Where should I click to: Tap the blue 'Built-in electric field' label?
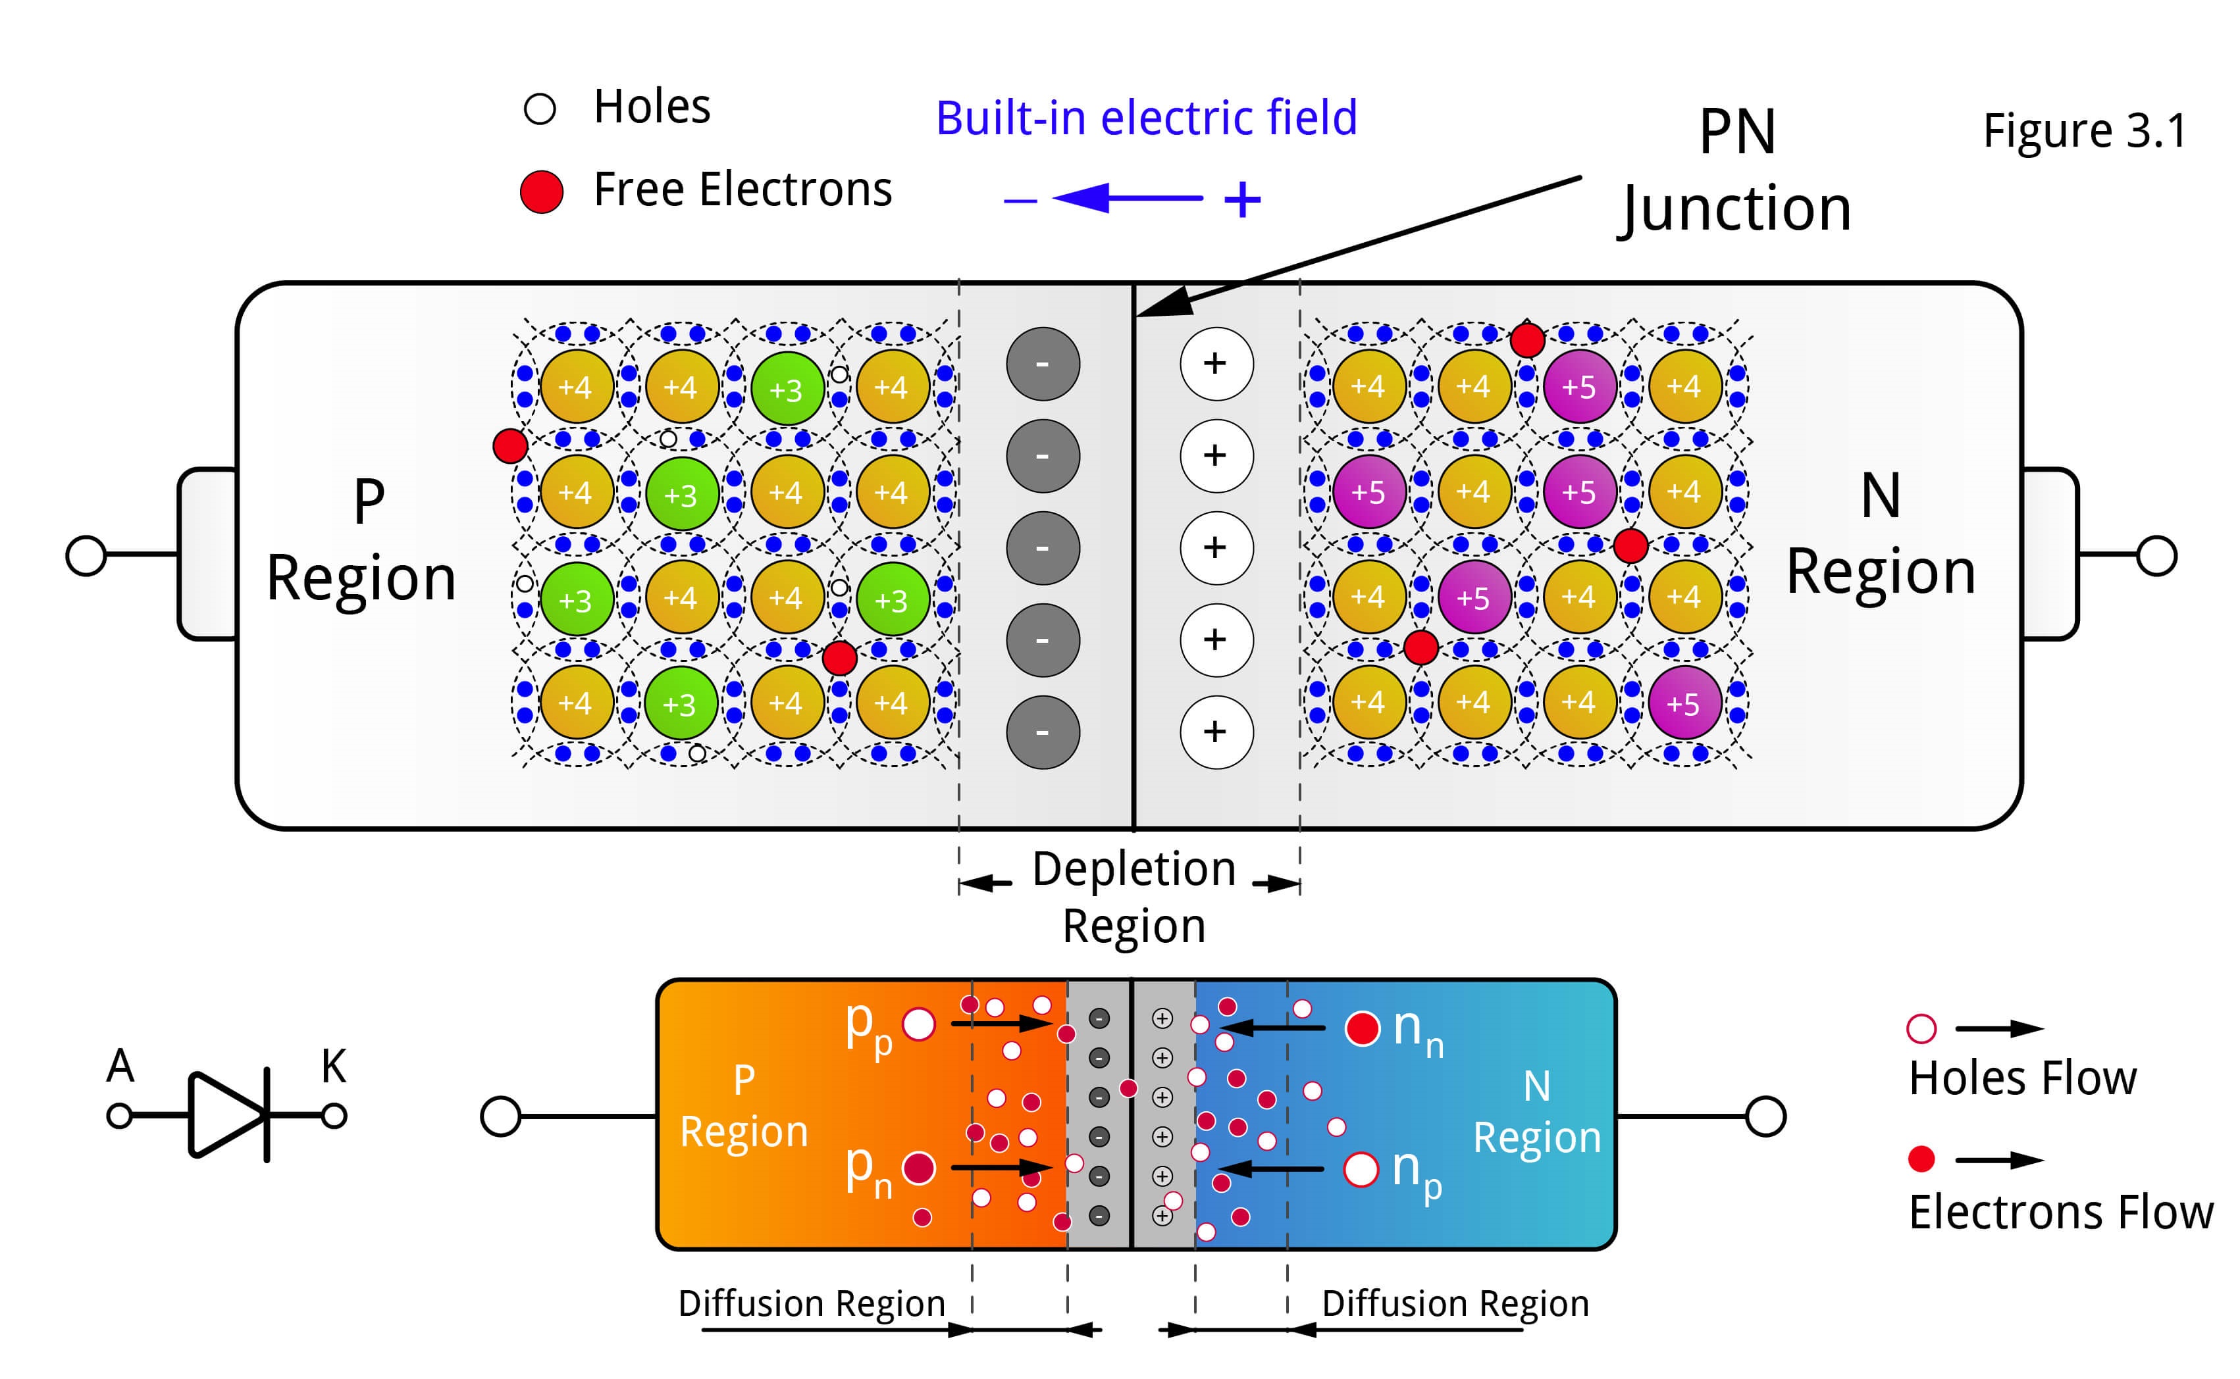(1146, 118)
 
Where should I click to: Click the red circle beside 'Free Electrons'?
(541, 191)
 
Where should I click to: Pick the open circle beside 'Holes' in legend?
(539, 109)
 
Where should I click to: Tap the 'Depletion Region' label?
(1133, 897)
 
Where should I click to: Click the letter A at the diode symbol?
(120, 1065)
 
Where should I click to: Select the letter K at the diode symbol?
(333, 1065)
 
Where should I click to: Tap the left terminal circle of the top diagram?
(87, 555)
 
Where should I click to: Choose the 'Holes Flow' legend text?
(2022, 1078)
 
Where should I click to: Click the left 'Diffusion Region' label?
(811, 1303)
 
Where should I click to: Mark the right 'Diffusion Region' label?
(1455, 1303)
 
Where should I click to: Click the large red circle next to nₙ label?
(1363, 1029)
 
